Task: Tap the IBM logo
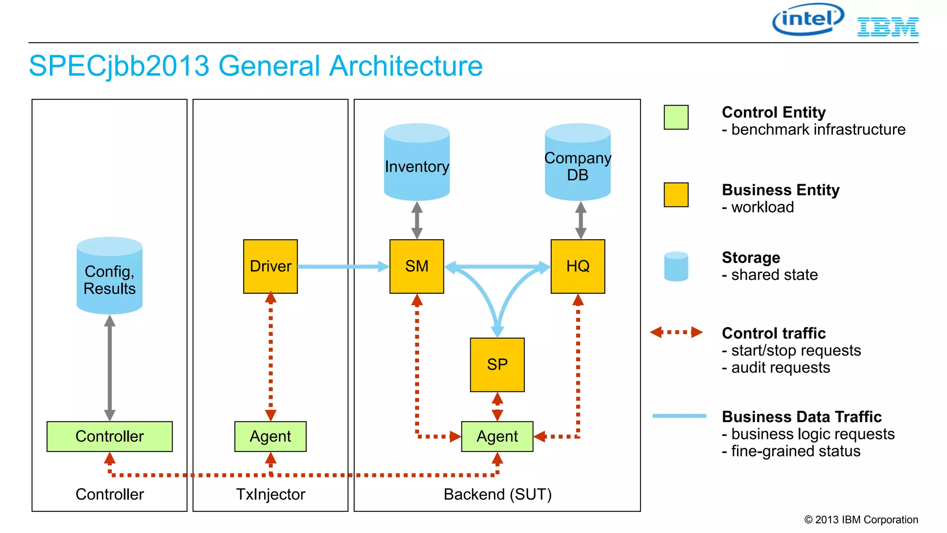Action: [x=887, y=27]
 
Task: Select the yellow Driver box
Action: [x=271, y=266]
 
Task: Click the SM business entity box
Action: [x=417, y=266]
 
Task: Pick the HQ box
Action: [x=578, y=266]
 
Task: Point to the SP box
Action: [x=497, y=365]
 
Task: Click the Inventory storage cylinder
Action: [x=417, y=162]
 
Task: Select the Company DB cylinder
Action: [x=578, y=162]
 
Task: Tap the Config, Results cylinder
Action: [x=110, y=276]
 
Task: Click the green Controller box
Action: [x=110, y=436]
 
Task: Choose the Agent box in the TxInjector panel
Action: [x=271, y=436]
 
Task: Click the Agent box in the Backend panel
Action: [x=497, y=436]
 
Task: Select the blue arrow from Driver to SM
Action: [x=342, y=266]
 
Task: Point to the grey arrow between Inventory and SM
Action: [x=417, y=220]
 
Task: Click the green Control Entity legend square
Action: [x=676, y=117]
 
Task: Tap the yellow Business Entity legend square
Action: [x=676, y=195]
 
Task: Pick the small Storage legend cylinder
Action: [x=676, y=266]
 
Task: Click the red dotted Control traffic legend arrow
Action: [x=676, y=332]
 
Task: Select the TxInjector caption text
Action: [x=271, y=494]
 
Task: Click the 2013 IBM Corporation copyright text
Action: [x=861, y=520]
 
